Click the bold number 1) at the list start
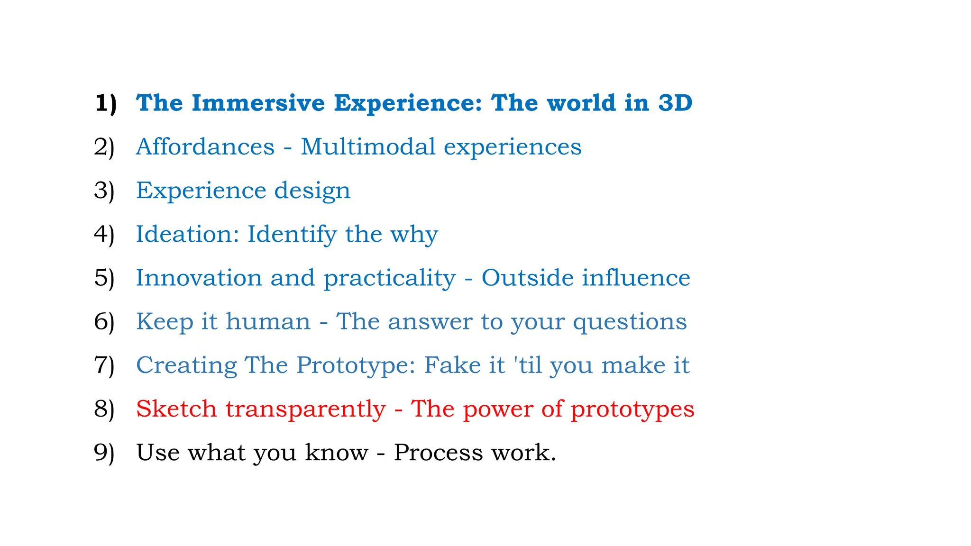(105, 103)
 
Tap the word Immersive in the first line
(258, 103)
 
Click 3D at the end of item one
(675, 103)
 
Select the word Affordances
(205, 146)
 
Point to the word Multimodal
(368, 146)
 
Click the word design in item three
(312, 191)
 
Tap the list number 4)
(104, 234)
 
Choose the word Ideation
(188, 234)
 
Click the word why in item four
(414, 235)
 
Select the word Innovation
(199, 278)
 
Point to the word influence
(636, 278)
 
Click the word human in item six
(268, 321)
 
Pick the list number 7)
(104, 365)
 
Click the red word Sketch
(176, 409)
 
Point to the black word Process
(438, 453)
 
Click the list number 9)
(104, 453)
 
